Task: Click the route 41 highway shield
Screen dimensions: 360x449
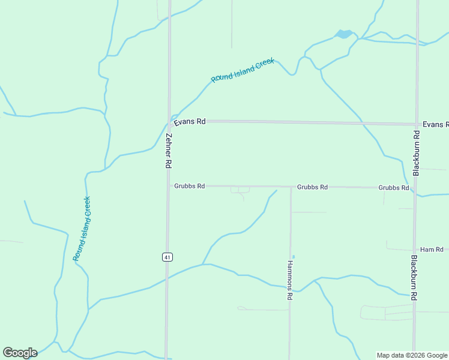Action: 167,257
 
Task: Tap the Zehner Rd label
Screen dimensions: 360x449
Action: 169,150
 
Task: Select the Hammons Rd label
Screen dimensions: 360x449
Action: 289,280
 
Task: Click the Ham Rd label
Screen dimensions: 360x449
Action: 432,249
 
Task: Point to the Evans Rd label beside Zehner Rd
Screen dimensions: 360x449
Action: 190,122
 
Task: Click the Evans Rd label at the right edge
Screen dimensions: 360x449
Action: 435,124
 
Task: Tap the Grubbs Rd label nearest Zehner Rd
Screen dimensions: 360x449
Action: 190,186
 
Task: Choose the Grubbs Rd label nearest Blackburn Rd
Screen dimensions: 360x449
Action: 394,188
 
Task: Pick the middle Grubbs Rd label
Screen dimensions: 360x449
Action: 312,187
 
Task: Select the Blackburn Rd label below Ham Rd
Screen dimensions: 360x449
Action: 414,277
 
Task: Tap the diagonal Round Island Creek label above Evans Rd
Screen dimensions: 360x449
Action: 243,70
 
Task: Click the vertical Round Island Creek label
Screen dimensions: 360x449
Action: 82,229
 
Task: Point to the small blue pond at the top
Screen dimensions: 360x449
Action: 344,34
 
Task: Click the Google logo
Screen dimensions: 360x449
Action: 20,353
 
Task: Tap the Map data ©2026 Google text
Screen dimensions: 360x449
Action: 412,355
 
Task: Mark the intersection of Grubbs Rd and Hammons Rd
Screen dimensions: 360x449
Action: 291,187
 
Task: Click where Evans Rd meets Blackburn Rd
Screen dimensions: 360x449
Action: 416,124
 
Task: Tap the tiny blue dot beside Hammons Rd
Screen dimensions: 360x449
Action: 293,257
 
